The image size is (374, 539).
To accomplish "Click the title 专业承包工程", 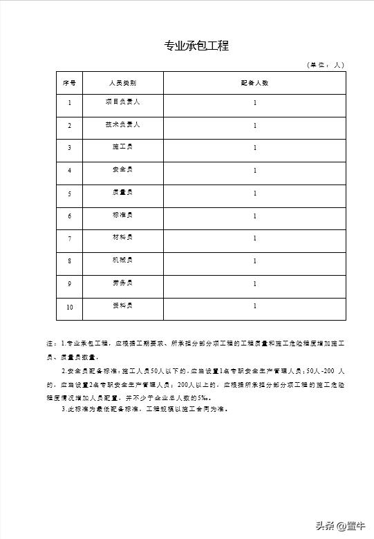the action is point(196,46).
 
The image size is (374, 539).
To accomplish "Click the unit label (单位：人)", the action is point(325,65).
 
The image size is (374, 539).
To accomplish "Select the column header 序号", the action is point(69,83).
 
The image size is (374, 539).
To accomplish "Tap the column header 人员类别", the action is point(122,83).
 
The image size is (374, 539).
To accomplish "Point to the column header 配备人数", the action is point(254,83).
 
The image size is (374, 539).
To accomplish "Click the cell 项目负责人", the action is point(122,102).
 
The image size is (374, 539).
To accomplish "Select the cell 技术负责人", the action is point(122,125).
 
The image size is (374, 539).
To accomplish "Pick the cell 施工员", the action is point(122,147).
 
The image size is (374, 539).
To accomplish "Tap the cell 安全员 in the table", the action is point(122,170).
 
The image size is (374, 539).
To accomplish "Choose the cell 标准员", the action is point(122,215).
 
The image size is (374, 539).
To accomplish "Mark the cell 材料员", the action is point(122,238).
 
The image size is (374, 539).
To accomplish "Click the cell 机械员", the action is point(122,261).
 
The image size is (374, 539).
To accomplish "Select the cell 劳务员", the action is point(122,283).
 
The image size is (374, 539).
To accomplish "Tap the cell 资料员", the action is point(122,305).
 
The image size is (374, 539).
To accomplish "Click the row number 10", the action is point(69,307).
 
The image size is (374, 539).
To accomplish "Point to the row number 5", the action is point(69,193).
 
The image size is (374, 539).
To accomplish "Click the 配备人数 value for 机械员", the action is point(254,261).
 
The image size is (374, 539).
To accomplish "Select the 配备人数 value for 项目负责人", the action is point(254,103).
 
